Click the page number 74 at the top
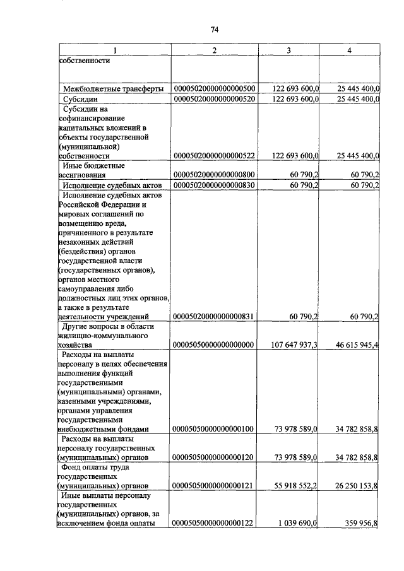pos(214,30)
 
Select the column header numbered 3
pos(288,50)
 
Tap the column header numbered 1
pos(114,50)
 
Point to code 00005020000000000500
pos(213,88)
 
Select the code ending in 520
pos(213,99)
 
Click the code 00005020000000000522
pos(213,155)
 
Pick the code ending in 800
pos(213,175)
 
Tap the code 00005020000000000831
pos(213,316)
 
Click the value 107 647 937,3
pos(289,345)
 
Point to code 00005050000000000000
pos(213,345)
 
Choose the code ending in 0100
pos(213,429)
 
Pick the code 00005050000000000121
pos(213,486)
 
